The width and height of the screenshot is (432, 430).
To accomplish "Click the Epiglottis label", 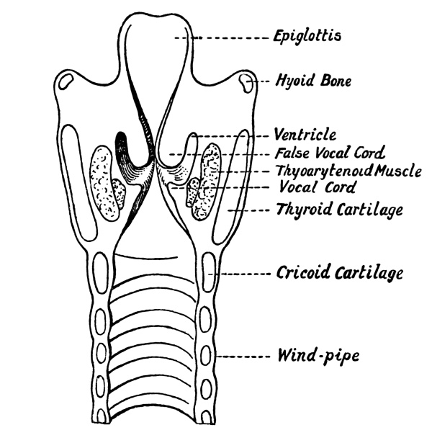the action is click(307, 37).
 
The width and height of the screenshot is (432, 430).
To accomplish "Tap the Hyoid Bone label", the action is click(313, 81).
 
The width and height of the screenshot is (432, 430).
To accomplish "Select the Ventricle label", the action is click(305, 135).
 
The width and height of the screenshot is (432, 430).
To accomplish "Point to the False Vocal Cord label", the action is click(330, 153).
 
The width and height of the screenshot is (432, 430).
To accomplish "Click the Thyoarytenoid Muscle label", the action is click(348, 171).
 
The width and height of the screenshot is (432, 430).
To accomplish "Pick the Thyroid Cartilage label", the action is click(340, 210).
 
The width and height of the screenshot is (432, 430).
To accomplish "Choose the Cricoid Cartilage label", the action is click(340, 273).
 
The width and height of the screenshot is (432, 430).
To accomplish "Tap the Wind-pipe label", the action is click(318, 356).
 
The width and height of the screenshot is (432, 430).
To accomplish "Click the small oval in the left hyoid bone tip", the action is click(66, 81).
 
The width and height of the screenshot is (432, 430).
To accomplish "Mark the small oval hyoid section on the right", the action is click(246, 83).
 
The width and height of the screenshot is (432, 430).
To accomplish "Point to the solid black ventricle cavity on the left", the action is click(122, 149).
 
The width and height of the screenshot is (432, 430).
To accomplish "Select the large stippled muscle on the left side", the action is click(103, 183).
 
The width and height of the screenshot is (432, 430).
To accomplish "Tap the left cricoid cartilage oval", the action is click(101, 273).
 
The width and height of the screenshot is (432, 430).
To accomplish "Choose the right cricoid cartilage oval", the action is click(209, 272).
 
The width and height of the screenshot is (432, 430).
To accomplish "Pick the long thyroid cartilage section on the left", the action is click(78, 183).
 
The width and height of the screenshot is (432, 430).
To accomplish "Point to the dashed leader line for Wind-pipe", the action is click(243, 357).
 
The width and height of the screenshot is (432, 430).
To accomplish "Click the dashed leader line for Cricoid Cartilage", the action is click(239, 274).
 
